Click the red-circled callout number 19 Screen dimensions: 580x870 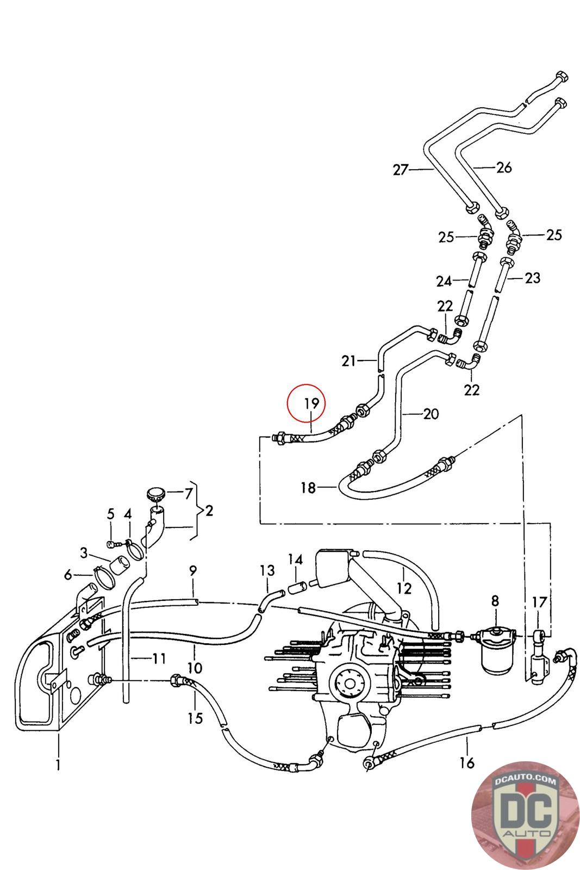pyautogui.click(x=311, y=403)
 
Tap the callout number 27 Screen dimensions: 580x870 pyautogui.click(x=401, y=170)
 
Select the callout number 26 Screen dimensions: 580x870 pyautogui.click(x=504, y=167)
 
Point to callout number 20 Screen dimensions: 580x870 pyautogui.click(x=431, y=414)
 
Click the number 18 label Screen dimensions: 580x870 pyautogui.click(x=309, y=487)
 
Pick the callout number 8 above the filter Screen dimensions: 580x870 pyautogui.click(x=495, y=601)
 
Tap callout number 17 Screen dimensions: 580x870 pyautogui.click(x=539, y=602)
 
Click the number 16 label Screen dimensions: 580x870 pyautogui.click(x=467, y=763)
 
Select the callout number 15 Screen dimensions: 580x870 pyautogui.click(x=195, y=718)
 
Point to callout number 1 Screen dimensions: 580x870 pyautogui.click(x=58, y=765)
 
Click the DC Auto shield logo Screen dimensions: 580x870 pyautogui.click(x=526, y=816)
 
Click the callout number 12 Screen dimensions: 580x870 pyautogui.click(x=404, y=588)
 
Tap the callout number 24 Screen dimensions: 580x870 pyautogui.click(x=444, y=281)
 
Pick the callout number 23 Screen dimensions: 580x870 pyautogui.click(x=532, y=278)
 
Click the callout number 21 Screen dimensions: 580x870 pyautogui.click(x=348, y=361)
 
